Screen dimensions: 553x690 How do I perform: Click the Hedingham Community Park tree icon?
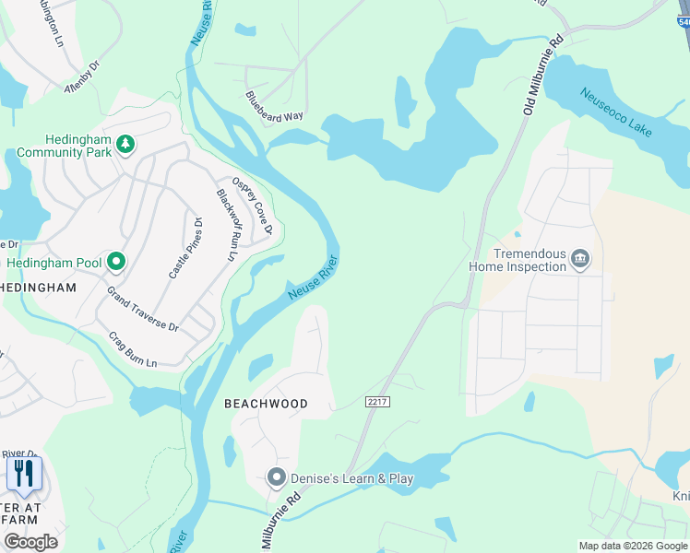pos(125,144)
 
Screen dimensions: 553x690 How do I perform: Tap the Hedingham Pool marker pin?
pos(115,263)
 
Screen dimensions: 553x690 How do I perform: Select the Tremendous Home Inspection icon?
pos(579,258)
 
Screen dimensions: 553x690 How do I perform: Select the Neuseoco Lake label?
pos(616,112)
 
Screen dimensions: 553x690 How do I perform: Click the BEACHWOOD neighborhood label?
pos(266,405)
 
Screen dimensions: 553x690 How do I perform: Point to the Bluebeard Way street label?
pos(274,106)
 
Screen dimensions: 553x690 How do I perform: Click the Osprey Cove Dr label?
pos(252,205)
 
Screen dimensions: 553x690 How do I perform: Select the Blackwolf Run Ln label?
pos(227,224)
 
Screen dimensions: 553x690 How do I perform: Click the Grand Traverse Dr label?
pos(142,309)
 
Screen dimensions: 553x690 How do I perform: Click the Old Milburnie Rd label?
pos(541,75)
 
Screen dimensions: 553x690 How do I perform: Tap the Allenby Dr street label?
pos(79,80)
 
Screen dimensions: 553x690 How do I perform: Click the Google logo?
pos(30,542)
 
